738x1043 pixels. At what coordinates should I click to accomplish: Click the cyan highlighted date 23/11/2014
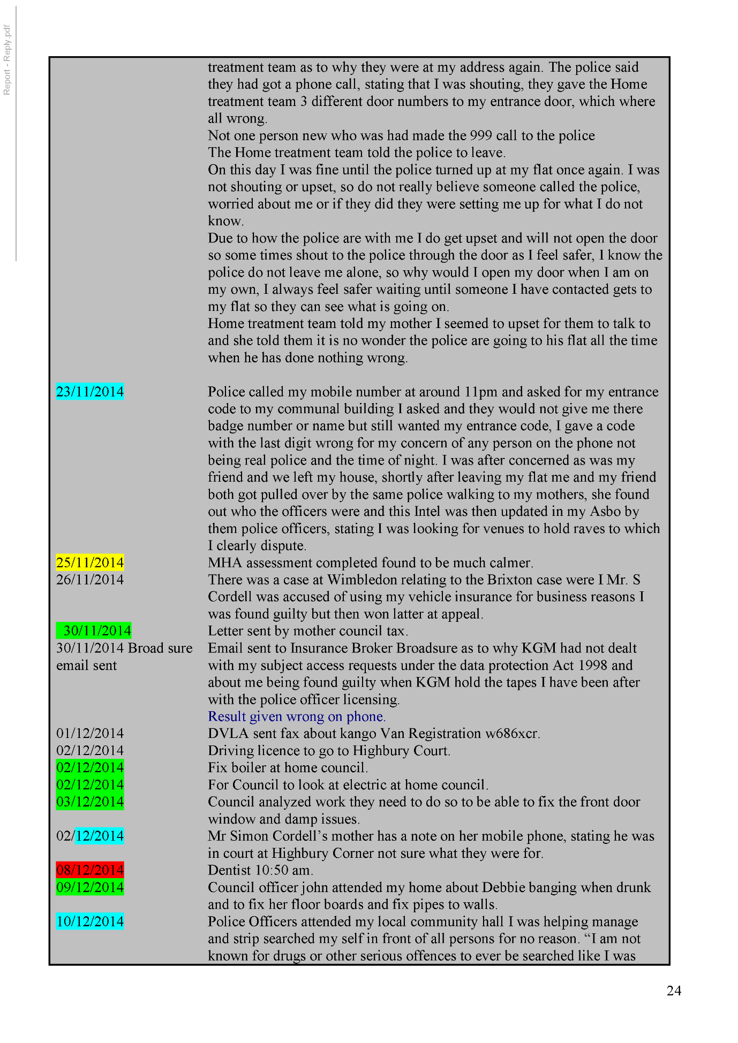tap(90, 392)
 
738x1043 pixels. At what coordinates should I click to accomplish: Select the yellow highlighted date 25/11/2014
tap(90, 562)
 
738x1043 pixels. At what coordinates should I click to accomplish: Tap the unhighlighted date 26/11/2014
tap(90, 580)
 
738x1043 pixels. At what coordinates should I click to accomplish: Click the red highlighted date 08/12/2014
tap(90, 870)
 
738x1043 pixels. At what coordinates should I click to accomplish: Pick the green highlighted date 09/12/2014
tap(90, 887)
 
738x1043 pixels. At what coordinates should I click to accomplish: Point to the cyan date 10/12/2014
tap(90, 922)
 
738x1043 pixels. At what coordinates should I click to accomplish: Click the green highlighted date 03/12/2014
tap(90, 802)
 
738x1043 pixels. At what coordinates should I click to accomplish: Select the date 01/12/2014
tap(90, 733)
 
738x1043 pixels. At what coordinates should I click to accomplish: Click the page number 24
tap(674, 991)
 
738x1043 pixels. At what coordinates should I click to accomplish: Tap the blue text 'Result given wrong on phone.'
tap(297, 717)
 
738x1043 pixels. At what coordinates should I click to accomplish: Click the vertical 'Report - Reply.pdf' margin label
tap(7, 60)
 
